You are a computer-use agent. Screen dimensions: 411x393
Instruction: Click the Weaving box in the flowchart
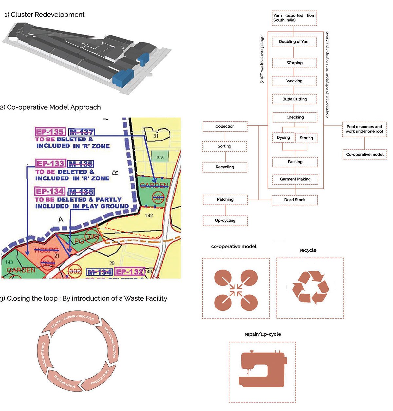pyautogui.click(x=294, y=81)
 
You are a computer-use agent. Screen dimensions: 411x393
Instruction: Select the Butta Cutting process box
pyautogui.click(x=294, y=99)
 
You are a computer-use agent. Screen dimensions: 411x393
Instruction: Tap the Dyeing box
pyautogui.click(x=283, y=138)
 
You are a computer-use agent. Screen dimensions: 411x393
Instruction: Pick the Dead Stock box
pyautogui.click(x=294, y=200)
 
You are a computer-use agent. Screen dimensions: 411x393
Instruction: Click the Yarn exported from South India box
pyautogui.click(x=294, y=18)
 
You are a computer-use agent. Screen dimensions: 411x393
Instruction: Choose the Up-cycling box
pyautogui.click(x=225, y=220)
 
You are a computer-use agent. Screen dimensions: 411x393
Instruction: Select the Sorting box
pyautogui.click(x=225, y=146)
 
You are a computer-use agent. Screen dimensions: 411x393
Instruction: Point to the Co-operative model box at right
pyautogui.click(x=365, y=154)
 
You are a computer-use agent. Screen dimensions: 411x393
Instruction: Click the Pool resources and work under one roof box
pyautogui.click(x=364, y=129)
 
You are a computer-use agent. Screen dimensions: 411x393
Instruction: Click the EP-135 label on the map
pyautogui.click(x=50, y=132)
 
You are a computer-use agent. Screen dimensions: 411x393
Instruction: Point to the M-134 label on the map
pyautogui.click(x=99, y=272)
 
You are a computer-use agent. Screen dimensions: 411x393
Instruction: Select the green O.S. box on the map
pyautogui.click(x=160, y=157)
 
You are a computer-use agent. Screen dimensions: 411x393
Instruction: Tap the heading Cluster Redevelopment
pyautogui.click(x=44, y=15)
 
